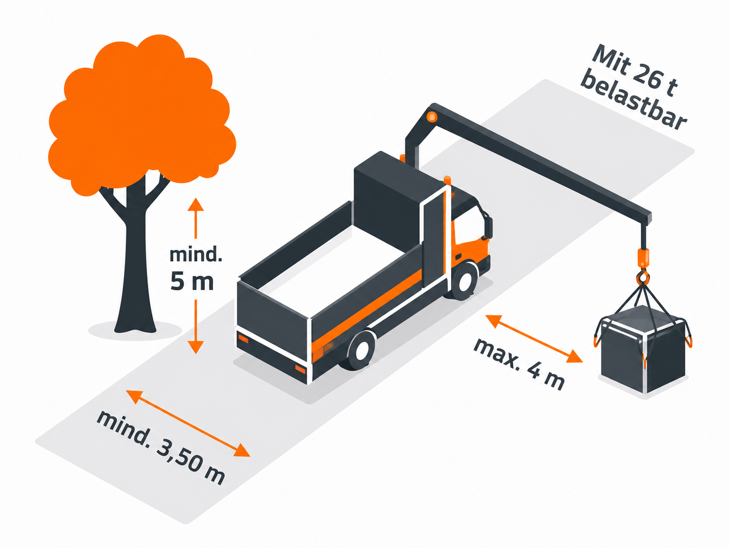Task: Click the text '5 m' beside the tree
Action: (x=192, y=282)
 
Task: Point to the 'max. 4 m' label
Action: (x=519, y=364)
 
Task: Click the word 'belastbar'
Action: (x=634, y=100)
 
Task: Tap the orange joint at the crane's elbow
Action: (x=432, y=117)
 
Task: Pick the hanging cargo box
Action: (x=643, y=349)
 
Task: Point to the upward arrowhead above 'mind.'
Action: (x=196, y=204)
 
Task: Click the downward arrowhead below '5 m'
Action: (x=196, y=347)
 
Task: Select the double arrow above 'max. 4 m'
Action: (x=534, y=339)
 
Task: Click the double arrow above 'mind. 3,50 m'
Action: (x=188, y=423)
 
